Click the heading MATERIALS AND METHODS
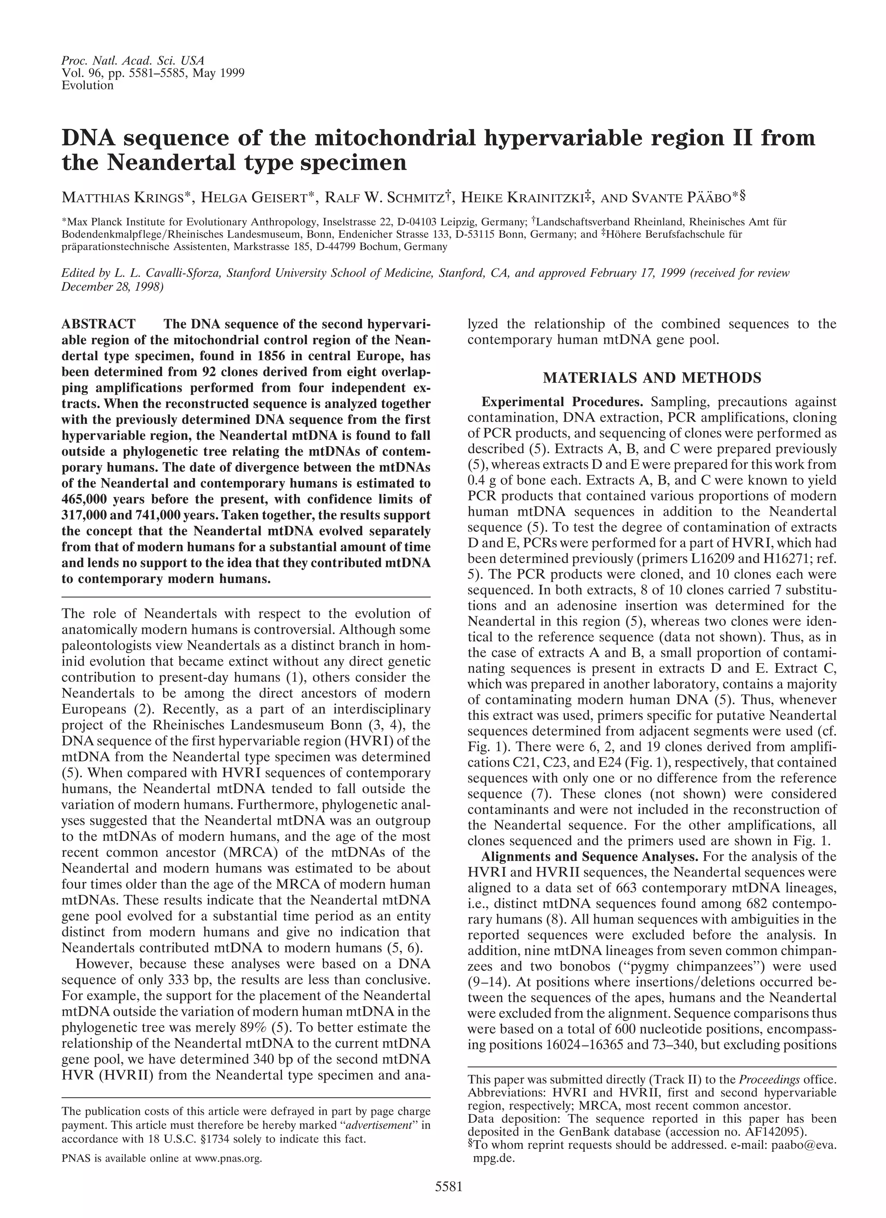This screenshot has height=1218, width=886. pyautogui.click(x=652, y=378)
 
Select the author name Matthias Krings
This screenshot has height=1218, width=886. pyautogui.click(x=127, y=198)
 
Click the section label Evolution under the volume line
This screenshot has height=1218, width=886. pyautogui.click(x=87, y=85)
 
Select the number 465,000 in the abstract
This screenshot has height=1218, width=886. pyautogui.click(x=88, y=499)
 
